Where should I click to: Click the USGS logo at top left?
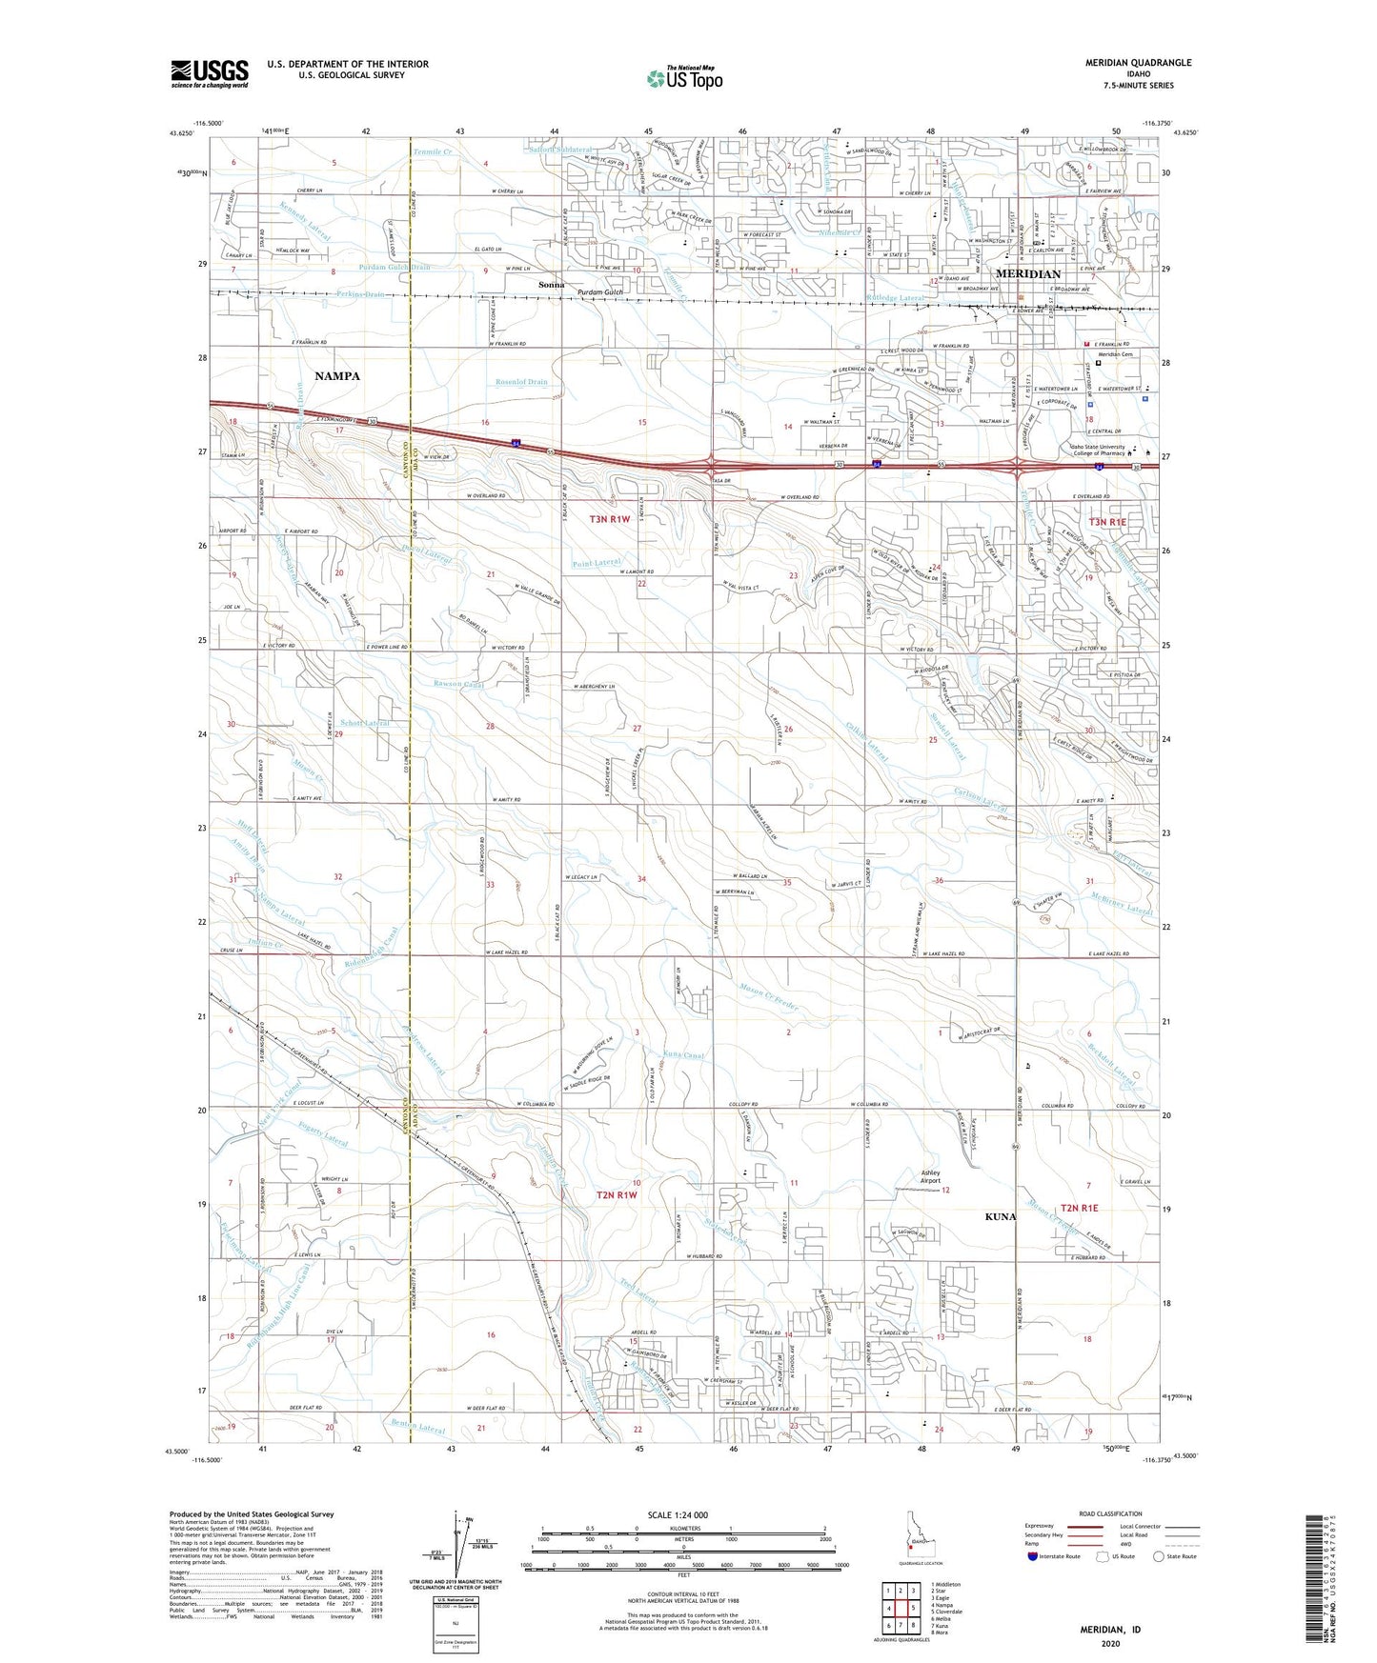click(x=210, y=72)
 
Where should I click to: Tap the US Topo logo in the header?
click(x=684, y=78)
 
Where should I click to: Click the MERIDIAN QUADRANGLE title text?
click(x=1137, y=63)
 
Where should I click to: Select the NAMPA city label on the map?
click(x=337, y=376)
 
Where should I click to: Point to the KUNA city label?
click(x=1002, y=1216)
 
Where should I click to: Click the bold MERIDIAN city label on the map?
click(x=1028, y=274)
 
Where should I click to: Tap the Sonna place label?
click(x=551, y=285)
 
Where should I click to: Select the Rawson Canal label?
click(x=459, y=684)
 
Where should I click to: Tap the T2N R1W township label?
click(x=617, y=1194)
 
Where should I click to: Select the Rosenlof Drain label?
click(x=521, y=382)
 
